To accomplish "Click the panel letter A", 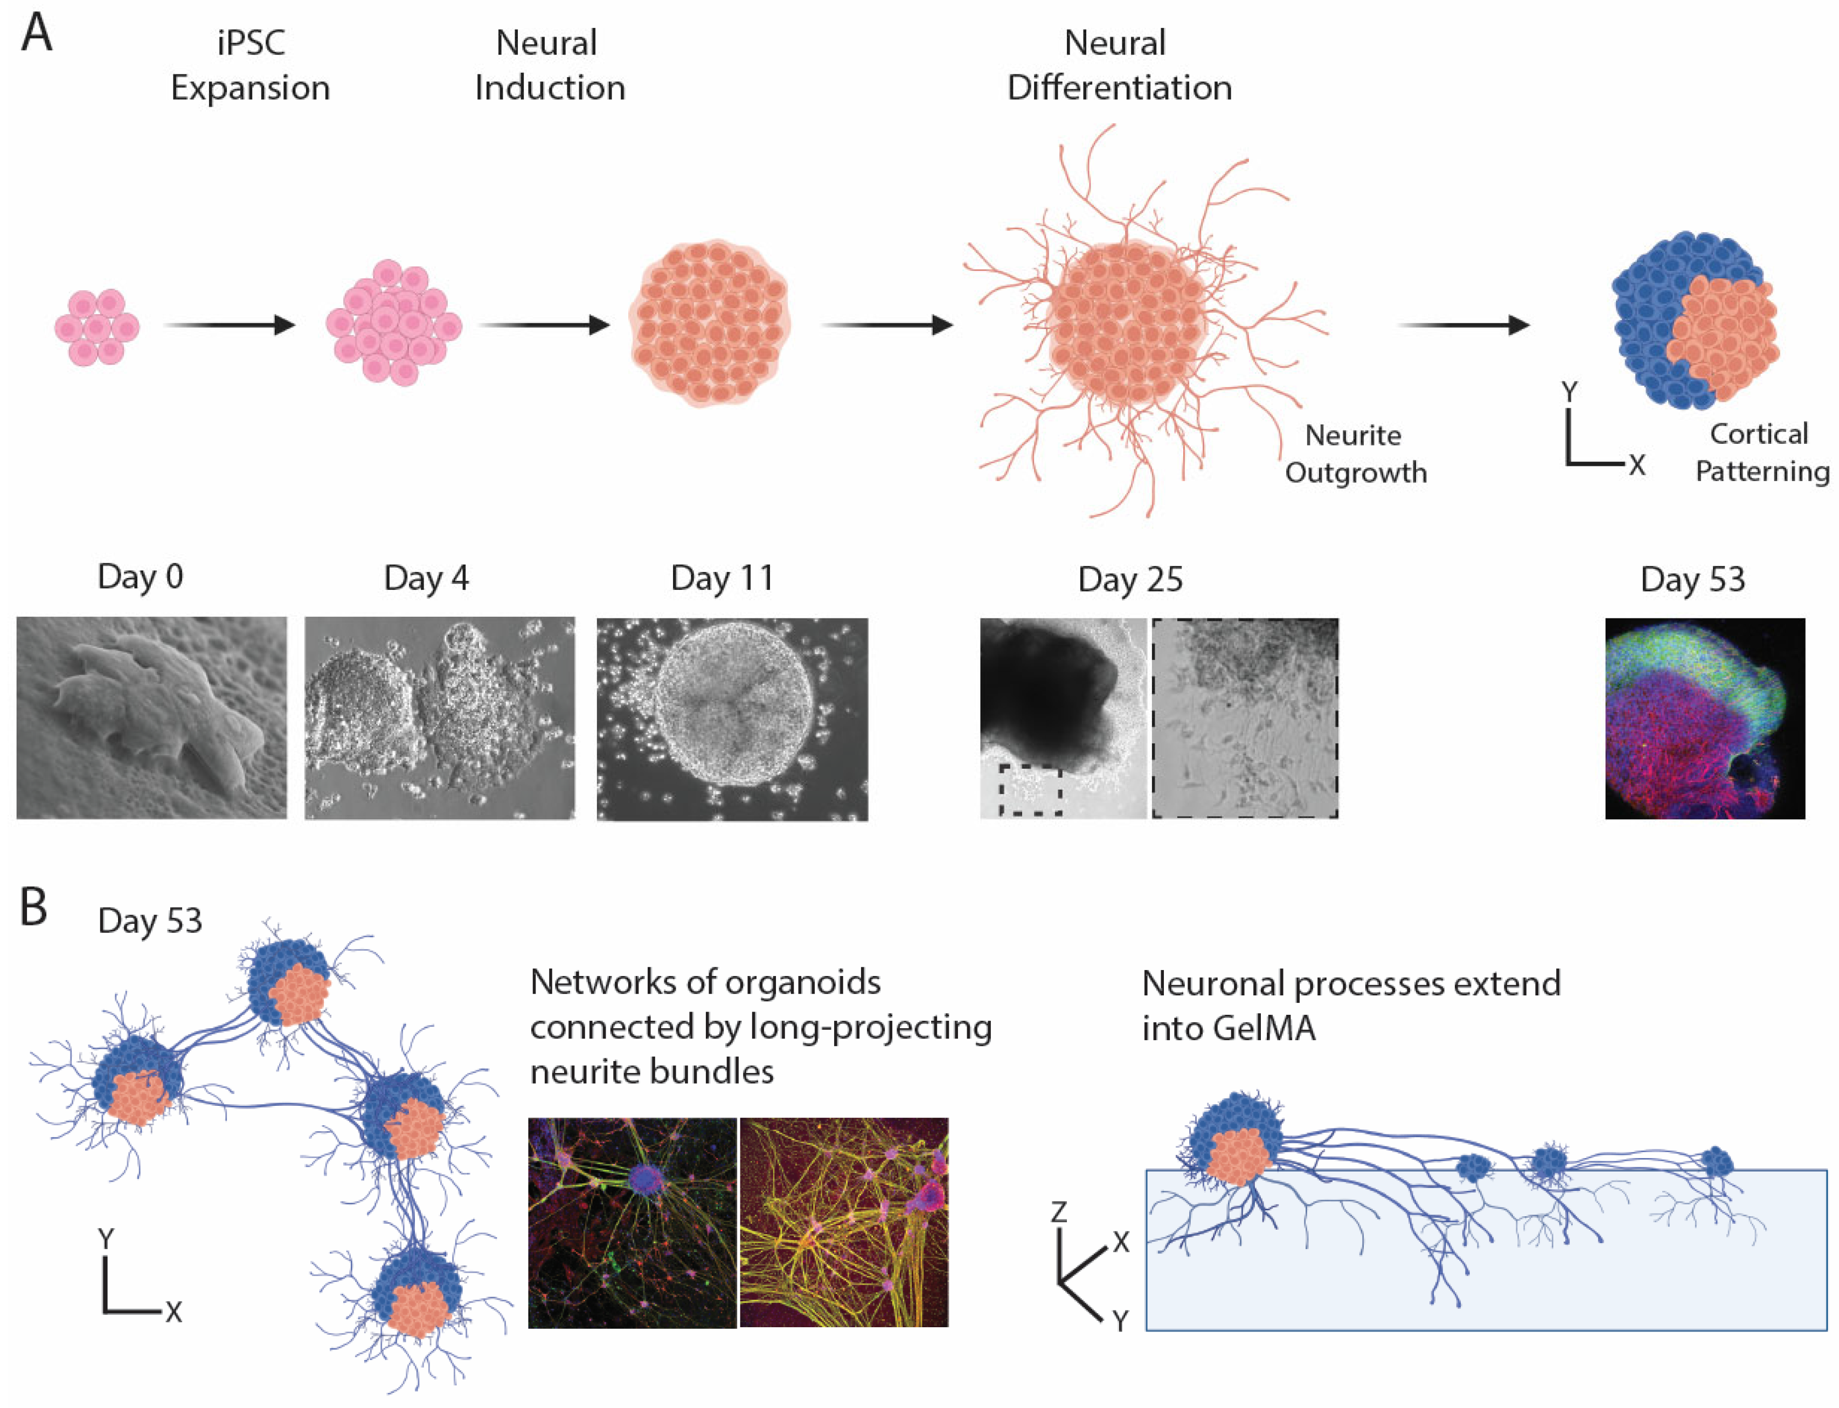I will [36, 33].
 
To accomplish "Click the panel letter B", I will [33, 907].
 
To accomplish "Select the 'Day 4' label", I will [426, 578].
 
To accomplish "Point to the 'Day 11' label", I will [721, 578].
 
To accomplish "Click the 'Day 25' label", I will [1130, 579].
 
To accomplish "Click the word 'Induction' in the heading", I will [550, 87].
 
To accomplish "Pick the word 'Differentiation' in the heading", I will [1119, 87].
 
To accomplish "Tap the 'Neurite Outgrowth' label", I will [1355, 454].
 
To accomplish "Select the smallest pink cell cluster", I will [96, 327].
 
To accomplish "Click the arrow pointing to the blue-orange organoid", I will [1463, 325].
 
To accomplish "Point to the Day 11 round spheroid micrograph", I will [732, 718].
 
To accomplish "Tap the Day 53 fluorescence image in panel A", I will [1704, 718].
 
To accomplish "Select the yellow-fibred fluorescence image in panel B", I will [843, 1222].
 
